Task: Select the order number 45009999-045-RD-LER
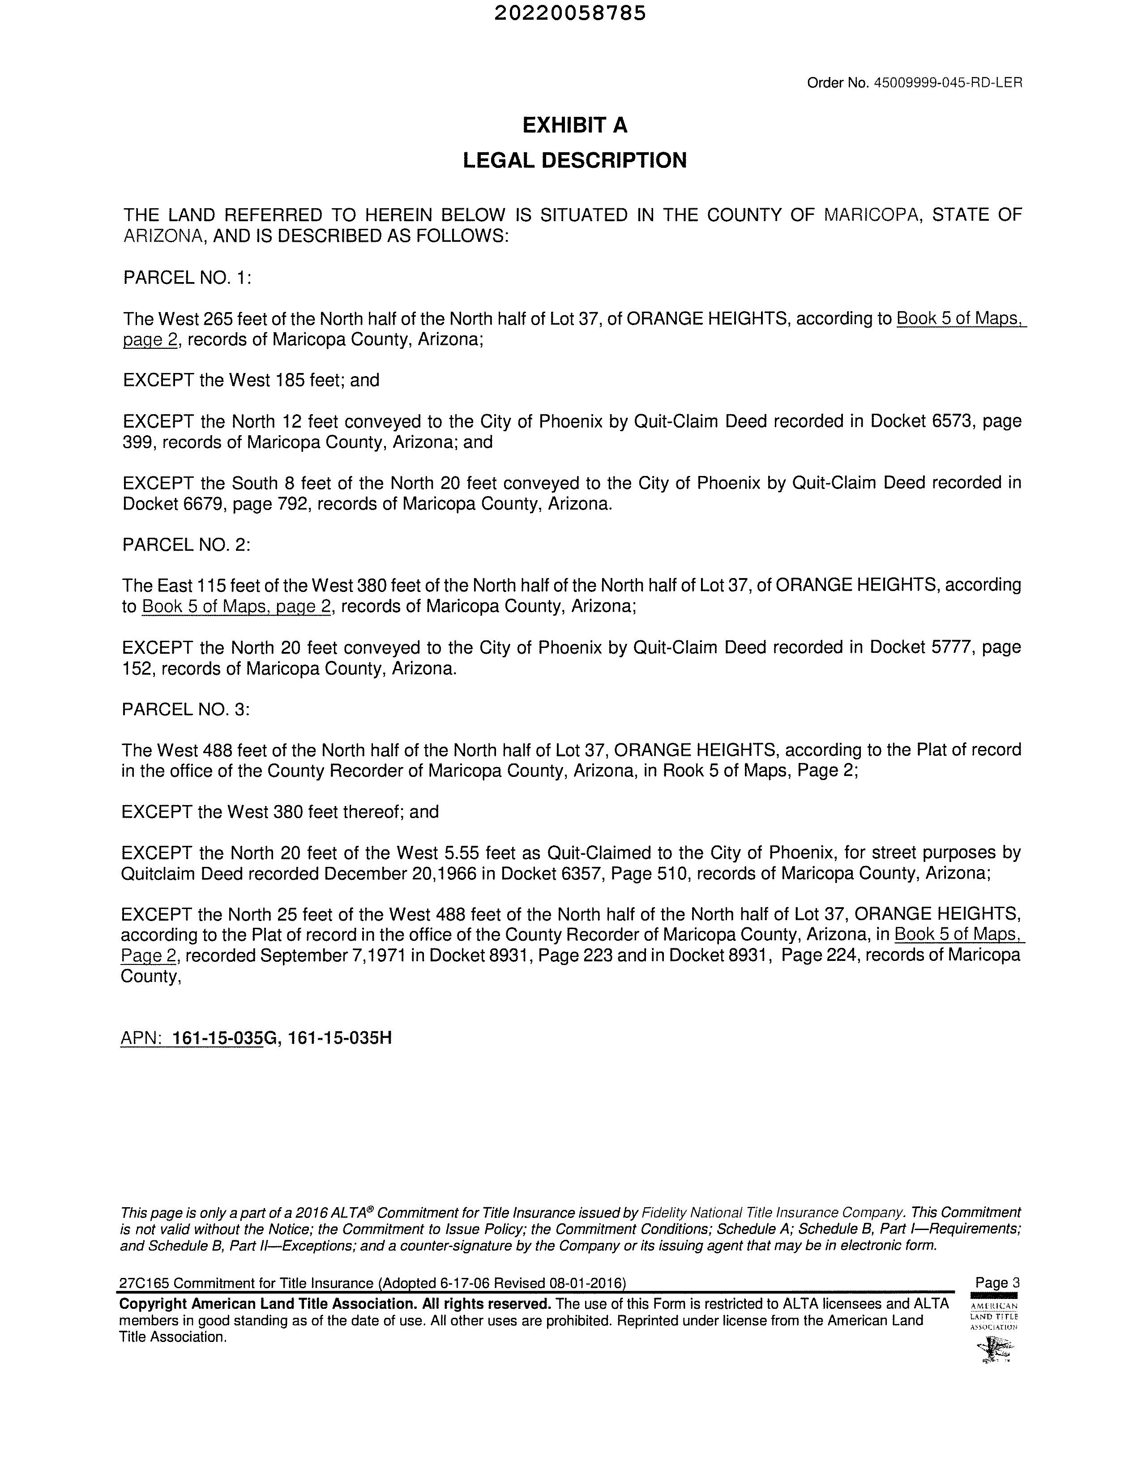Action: pos(947,83)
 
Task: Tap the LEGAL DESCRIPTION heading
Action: pos(574,161)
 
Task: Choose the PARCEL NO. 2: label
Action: pos(187,544)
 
